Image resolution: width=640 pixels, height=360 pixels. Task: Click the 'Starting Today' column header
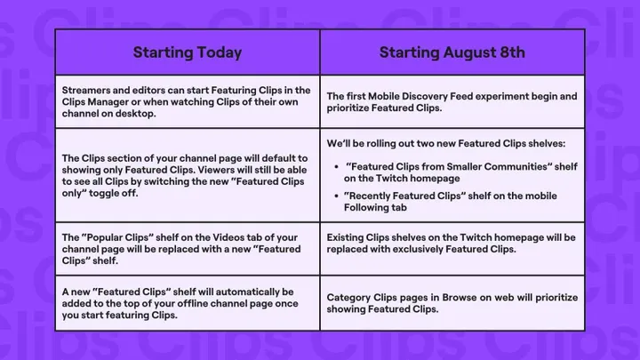(187, 52)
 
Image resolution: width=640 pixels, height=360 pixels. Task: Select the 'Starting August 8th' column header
(452, 52)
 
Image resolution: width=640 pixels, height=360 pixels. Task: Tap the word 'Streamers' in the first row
(86, 90)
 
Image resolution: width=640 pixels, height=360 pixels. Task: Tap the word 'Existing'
(347, 237)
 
